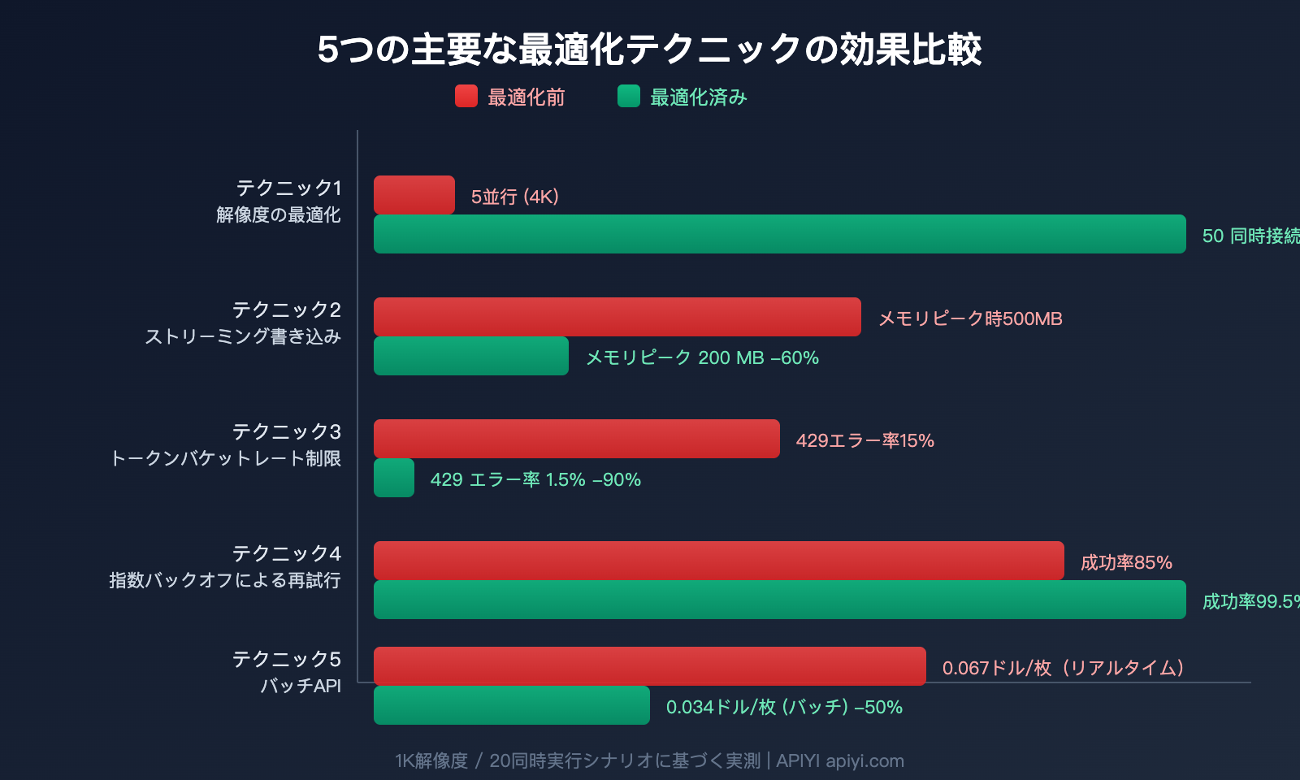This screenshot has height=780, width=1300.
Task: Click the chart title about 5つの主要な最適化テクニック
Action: (x=649, y=50)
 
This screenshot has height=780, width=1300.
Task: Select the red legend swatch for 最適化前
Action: (x=466, y=97)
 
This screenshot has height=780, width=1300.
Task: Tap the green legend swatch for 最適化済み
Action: (x=629, y=97)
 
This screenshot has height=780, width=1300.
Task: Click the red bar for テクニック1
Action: (x=414, y=195)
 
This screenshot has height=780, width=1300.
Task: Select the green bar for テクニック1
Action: (x=779, y=234)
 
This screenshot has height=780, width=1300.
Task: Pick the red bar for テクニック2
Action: (x=617, y=317)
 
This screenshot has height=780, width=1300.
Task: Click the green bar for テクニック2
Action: (x=470, y=356)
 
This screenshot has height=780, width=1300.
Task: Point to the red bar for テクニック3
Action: (x=576, y=439)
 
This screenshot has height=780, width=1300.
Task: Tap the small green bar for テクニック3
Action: (x=394, y=478)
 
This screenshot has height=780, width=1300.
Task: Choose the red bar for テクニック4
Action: (x=718, y=561)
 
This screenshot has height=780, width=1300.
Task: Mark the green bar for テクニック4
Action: (x=779, y=600)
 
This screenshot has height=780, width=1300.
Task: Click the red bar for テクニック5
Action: (x=649, y=666)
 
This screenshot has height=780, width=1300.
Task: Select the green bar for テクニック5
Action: (x=511, y=705)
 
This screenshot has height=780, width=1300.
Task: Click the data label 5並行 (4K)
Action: (x=515, y=197)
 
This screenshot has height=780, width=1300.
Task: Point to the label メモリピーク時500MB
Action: (x=970, y=318)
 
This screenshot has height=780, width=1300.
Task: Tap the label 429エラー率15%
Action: (x=864, y=440)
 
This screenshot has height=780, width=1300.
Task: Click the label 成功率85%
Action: (x=1126, y=562)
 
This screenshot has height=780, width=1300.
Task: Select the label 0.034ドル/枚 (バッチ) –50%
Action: (x=784, y=707)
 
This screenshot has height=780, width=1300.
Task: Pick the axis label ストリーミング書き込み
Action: (x=243, y=336)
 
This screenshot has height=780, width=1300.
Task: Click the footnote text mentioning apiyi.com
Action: (x=649, y=760)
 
